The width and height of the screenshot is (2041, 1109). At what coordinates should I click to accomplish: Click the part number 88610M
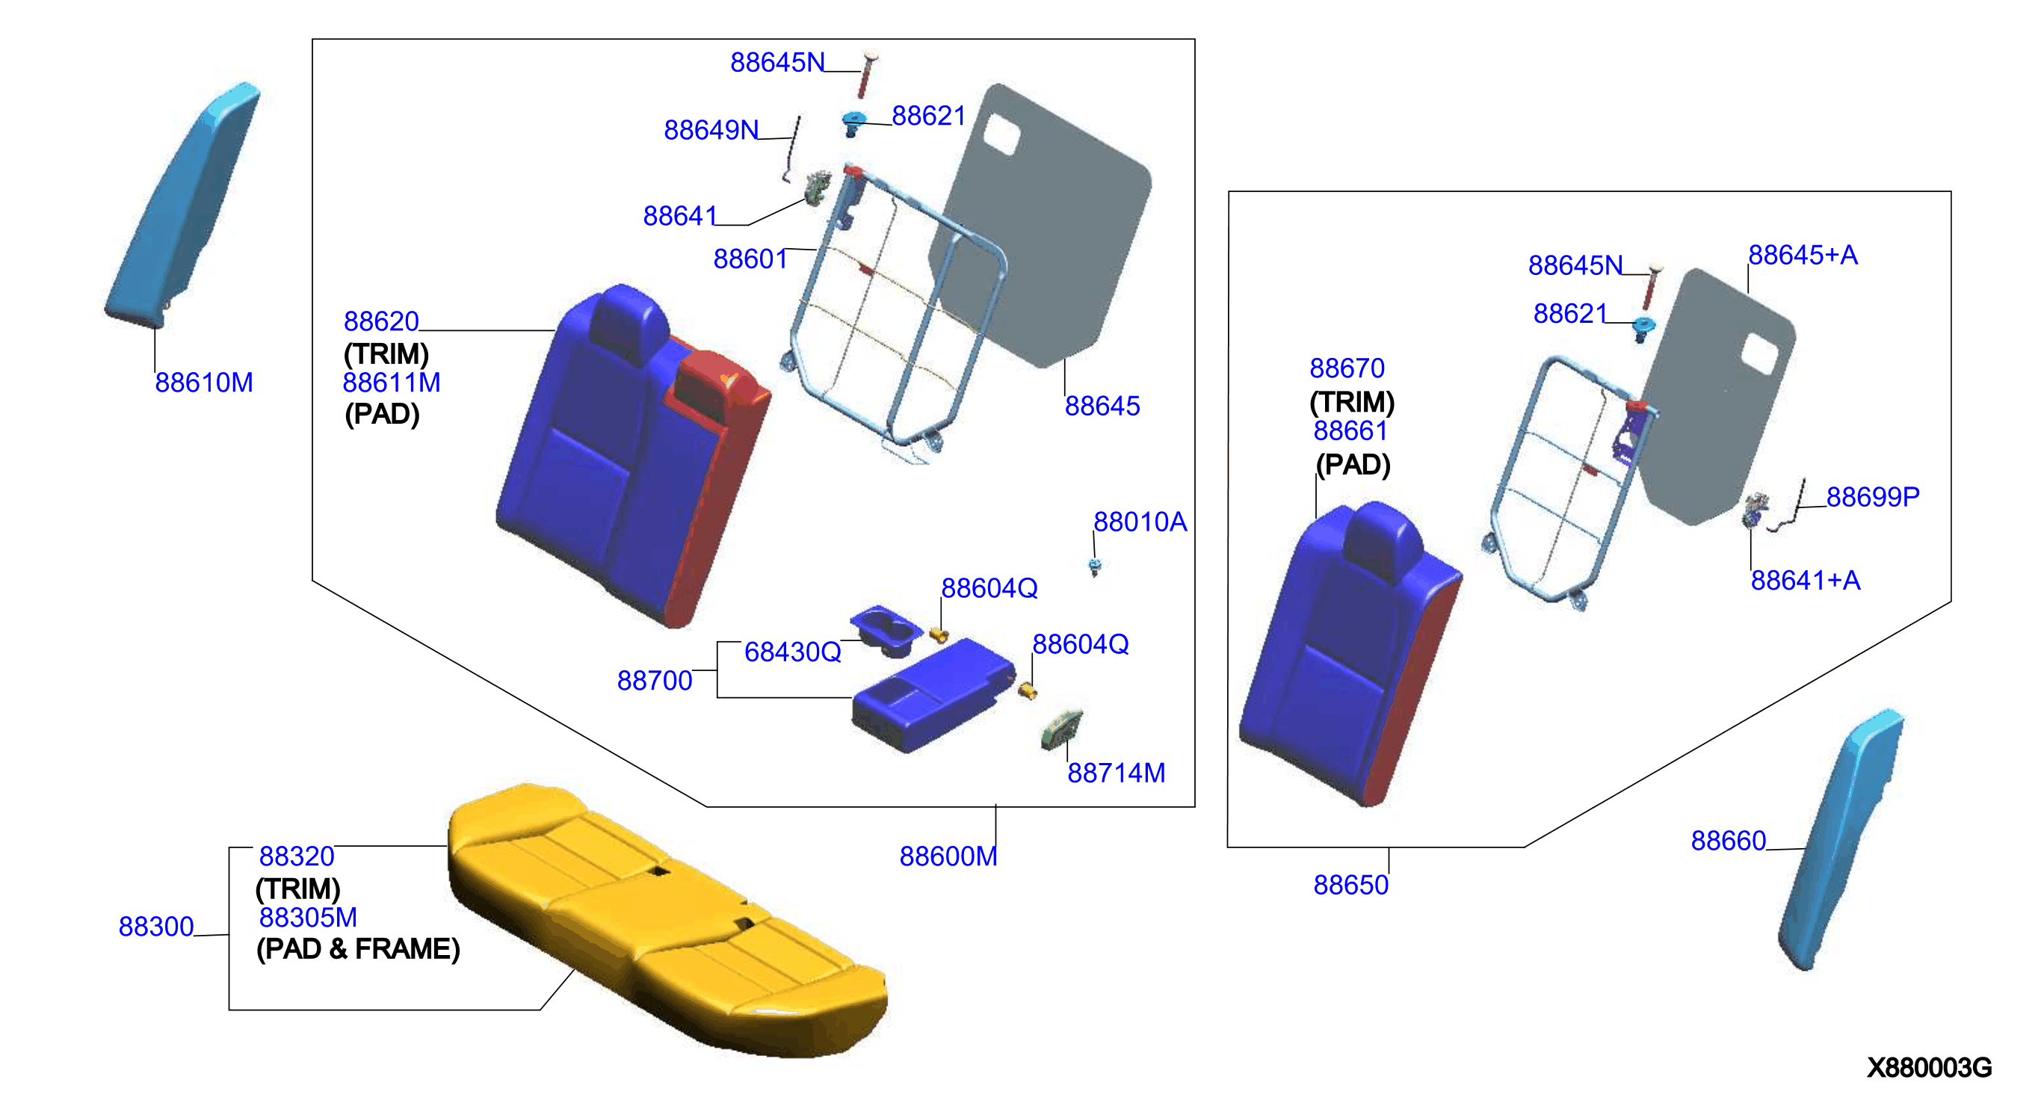tap(203, 383)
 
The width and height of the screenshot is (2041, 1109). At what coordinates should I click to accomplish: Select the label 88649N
tap(711, 130)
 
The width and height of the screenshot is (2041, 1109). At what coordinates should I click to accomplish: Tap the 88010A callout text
tap(1140, 522)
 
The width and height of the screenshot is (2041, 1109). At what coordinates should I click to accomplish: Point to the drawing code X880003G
tap(1928, 1068)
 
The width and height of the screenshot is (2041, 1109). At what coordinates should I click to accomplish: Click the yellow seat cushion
tap(666, 919)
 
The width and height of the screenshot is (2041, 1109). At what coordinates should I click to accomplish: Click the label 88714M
tap(1116, 773)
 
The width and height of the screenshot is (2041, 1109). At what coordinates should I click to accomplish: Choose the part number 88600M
tap(948, 856)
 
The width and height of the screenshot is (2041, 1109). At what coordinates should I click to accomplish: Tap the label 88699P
tap(1872, 497)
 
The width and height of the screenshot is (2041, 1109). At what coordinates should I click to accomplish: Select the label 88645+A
tap(1803, 255)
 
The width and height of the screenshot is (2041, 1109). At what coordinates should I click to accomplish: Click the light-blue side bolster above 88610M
tap(183, 204)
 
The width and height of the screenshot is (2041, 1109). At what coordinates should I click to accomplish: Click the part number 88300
tap(156, 927)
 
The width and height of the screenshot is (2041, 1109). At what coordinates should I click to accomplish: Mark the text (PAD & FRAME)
tap(358, 949)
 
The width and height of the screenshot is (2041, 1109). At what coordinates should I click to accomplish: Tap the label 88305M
tap(307, 917)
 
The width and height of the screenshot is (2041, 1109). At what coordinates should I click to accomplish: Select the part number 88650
tap(1350, 885)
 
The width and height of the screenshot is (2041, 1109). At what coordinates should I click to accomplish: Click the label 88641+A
tap(1805, 581)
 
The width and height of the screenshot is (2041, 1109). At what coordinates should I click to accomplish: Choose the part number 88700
tap(655, 681)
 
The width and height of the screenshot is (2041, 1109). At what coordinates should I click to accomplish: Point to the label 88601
tap(750, 259)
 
